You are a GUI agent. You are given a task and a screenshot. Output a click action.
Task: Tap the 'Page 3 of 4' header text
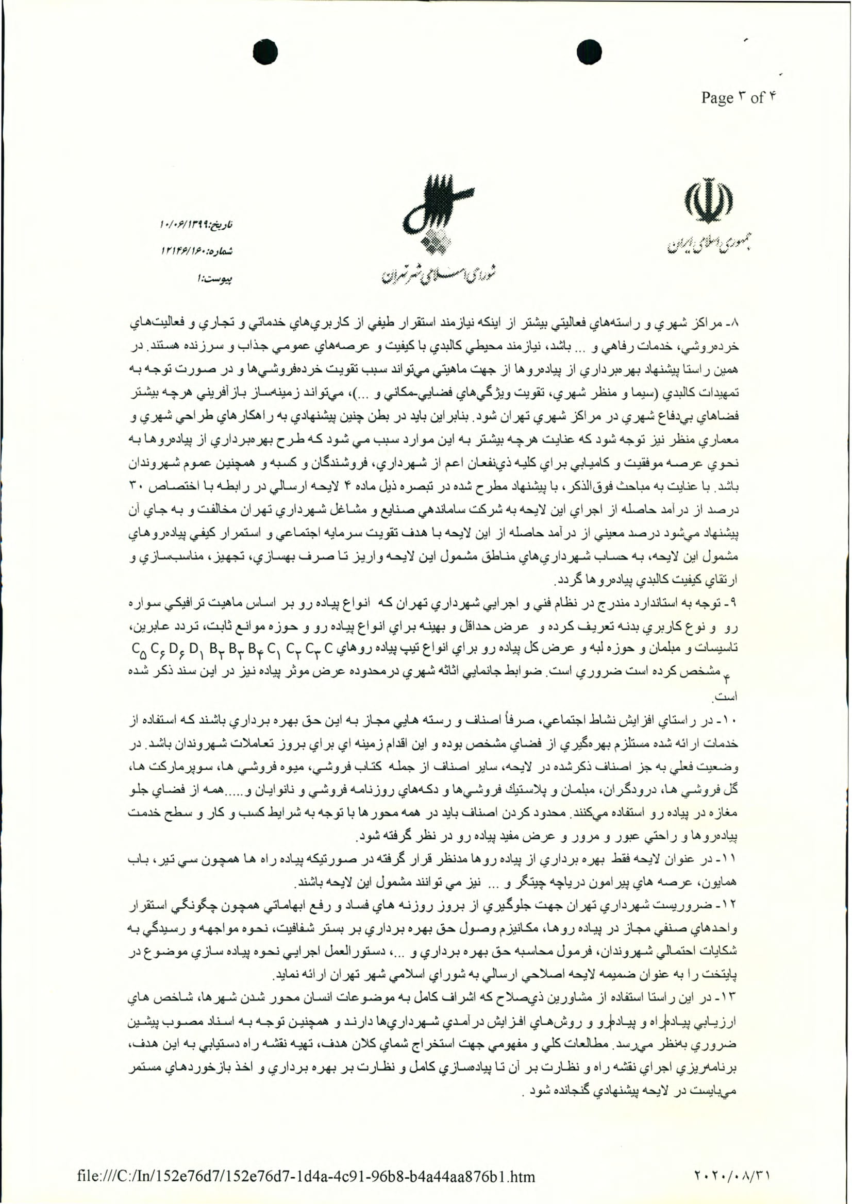738,98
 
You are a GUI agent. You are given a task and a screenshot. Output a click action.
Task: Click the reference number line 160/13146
196,252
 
